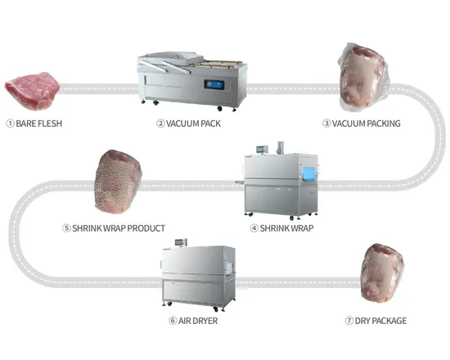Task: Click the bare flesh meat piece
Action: (x=32, y=91)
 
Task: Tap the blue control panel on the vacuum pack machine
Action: (x=214, y=84)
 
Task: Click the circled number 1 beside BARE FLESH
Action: (x=10, y=124)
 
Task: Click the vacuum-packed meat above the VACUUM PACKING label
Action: (x=363, y=77)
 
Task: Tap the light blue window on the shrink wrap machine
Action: (x=309, y=174)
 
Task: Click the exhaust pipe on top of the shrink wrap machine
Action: (x=280, y=148)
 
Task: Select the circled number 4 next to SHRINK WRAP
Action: (x=254, y=228)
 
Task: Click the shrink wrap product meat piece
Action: (x=119, y=182)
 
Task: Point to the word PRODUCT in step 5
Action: (x=146, y=228)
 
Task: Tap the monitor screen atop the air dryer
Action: (x=180, y=242)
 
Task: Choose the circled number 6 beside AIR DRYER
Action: (x=173, y=321)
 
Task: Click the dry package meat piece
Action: (x=382, y=273)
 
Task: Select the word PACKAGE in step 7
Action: (x=389, y=321)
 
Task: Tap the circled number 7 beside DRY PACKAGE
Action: (x=349, y=321)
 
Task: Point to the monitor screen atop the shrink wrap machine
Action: (x=261, y=149)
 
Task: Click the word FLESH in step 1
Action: (x=50, y=124)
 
